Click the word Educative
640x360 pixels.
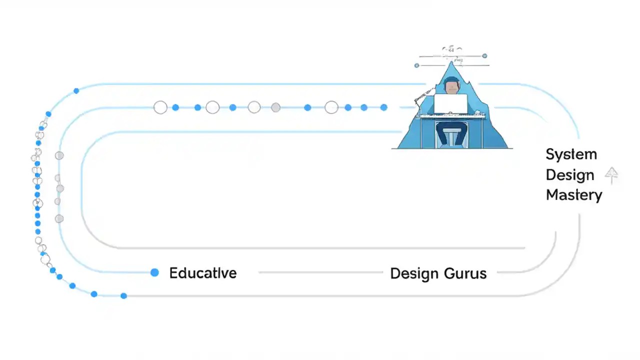click(x=202, y=273)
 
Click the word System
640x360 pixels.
click(x=571, y=154)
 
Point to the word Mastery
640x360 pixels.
click(x=573, y=194)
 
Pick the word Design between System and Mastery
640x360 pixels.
click(x=569, y=175)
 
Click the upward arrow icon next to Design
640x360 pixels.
click(x=611, y=175)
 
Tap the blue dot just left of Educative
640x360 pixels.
click(x=154, y=272)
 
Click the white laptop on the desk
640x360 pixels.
click(x=450, y=103)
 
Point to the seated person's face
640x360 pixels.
click(x=452, y=88)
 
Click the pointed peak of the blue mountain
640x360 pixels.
click(x=452, y=62)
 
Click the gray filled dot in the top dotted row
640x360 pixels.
click(x=275, y=107)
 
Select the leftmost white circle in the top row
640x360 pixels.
click(x=160, y=107)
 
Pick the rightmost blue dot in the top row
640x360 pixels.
click(x=383, y=107)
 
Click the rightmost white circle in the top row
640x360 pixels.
click(x=331, y=107)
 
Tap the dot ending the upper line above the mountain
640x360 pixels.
click(x=484, y=56)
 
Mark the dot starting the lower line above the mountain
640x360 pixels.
click(x=417, y=65)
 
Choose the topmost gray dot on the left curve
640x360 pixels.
click(x=59, y=155)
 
